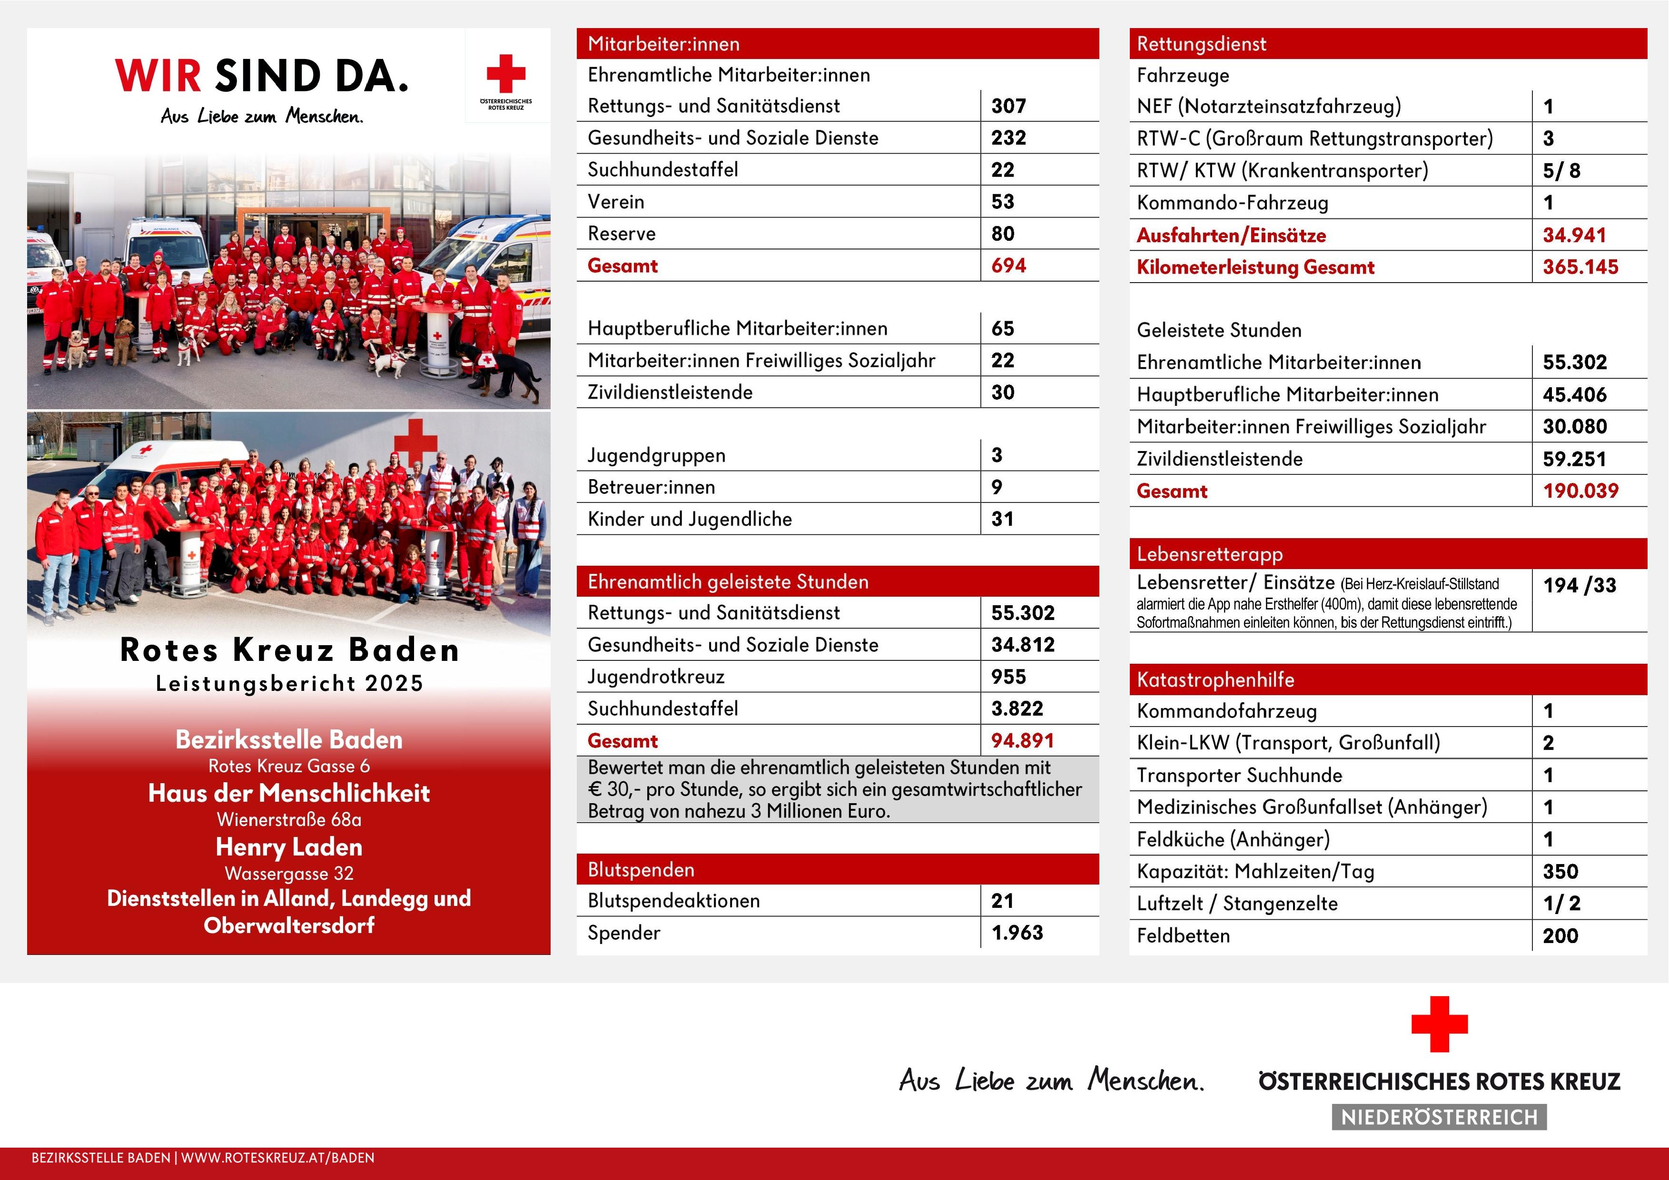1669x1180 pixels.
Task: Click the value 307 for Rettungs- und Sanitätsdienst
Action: tap(1008, 106)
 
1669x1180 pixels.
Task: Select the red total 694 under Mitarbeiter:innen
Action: tap(1008, 266)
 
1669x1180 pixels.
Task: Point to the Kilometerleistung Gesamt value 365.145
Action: tap(1580, 267)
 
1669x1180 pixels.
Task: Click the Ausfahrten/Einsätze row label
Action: tap(1231, 236)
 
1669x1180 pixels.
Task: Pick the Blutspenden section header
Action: tap(641, 870)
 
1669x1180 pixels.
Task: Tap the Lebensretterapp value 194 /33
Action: tap(1579, 586)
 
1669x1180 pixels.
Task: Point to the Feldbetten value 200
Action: tap(1560, 936)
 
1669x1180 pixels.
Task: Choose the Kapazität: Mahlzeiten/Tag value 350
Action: tap(1560, 872)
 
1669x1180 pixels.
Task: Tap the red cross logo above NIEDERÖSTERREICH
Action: tap(1439, 1024)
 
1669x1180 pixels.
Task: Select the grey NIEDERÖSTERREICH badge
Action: tap(1439, 1117)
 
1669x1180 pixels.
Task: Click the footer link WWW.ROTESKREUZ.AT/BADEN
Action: tap(277, 1158)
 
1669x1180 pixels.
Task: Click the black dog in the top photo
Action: tap(509, 371)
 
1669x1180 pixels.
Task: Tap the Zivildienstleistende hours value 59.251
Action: tap(1574, 459)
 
